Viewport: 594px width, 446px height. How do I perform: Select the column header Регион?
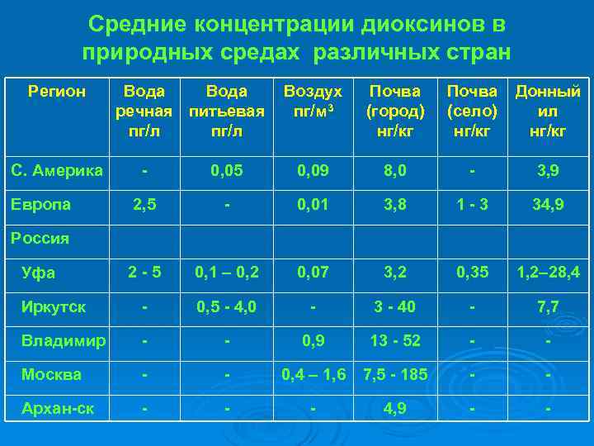56,92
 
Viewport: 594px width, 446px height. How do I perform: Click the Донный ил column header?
548,111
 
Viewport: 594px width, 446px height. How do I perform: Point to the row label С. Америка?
57,171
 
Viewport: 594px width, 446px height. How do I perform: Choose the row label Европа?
45,204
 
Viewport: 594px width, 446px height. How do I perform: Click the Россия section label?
39,239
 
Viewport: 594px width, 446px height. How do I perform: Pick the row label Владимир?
64,340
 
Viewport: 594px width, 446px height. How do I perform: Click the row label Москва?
51,374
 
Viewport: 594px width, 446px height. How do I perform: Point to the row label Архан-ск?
56,408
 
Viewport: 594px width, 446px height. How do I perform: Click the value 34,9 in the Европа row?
548,204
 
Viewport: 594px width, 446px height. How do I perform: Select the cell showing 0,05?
226,171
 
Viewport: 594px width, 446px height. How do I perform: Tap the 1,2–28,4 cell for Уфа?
548,272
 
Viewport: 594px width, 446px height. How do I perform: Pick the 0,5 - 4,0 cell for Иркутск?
226,306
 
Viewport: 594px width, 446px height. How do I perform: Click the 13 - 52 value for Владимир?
394,340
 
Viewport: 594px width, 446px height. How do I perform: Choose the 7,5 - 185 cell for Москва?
394,374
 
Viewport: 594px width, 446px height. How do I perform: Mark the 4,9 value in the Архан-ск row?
394,408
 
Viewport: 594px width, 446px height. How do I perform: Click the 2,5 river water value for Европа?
144,204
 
